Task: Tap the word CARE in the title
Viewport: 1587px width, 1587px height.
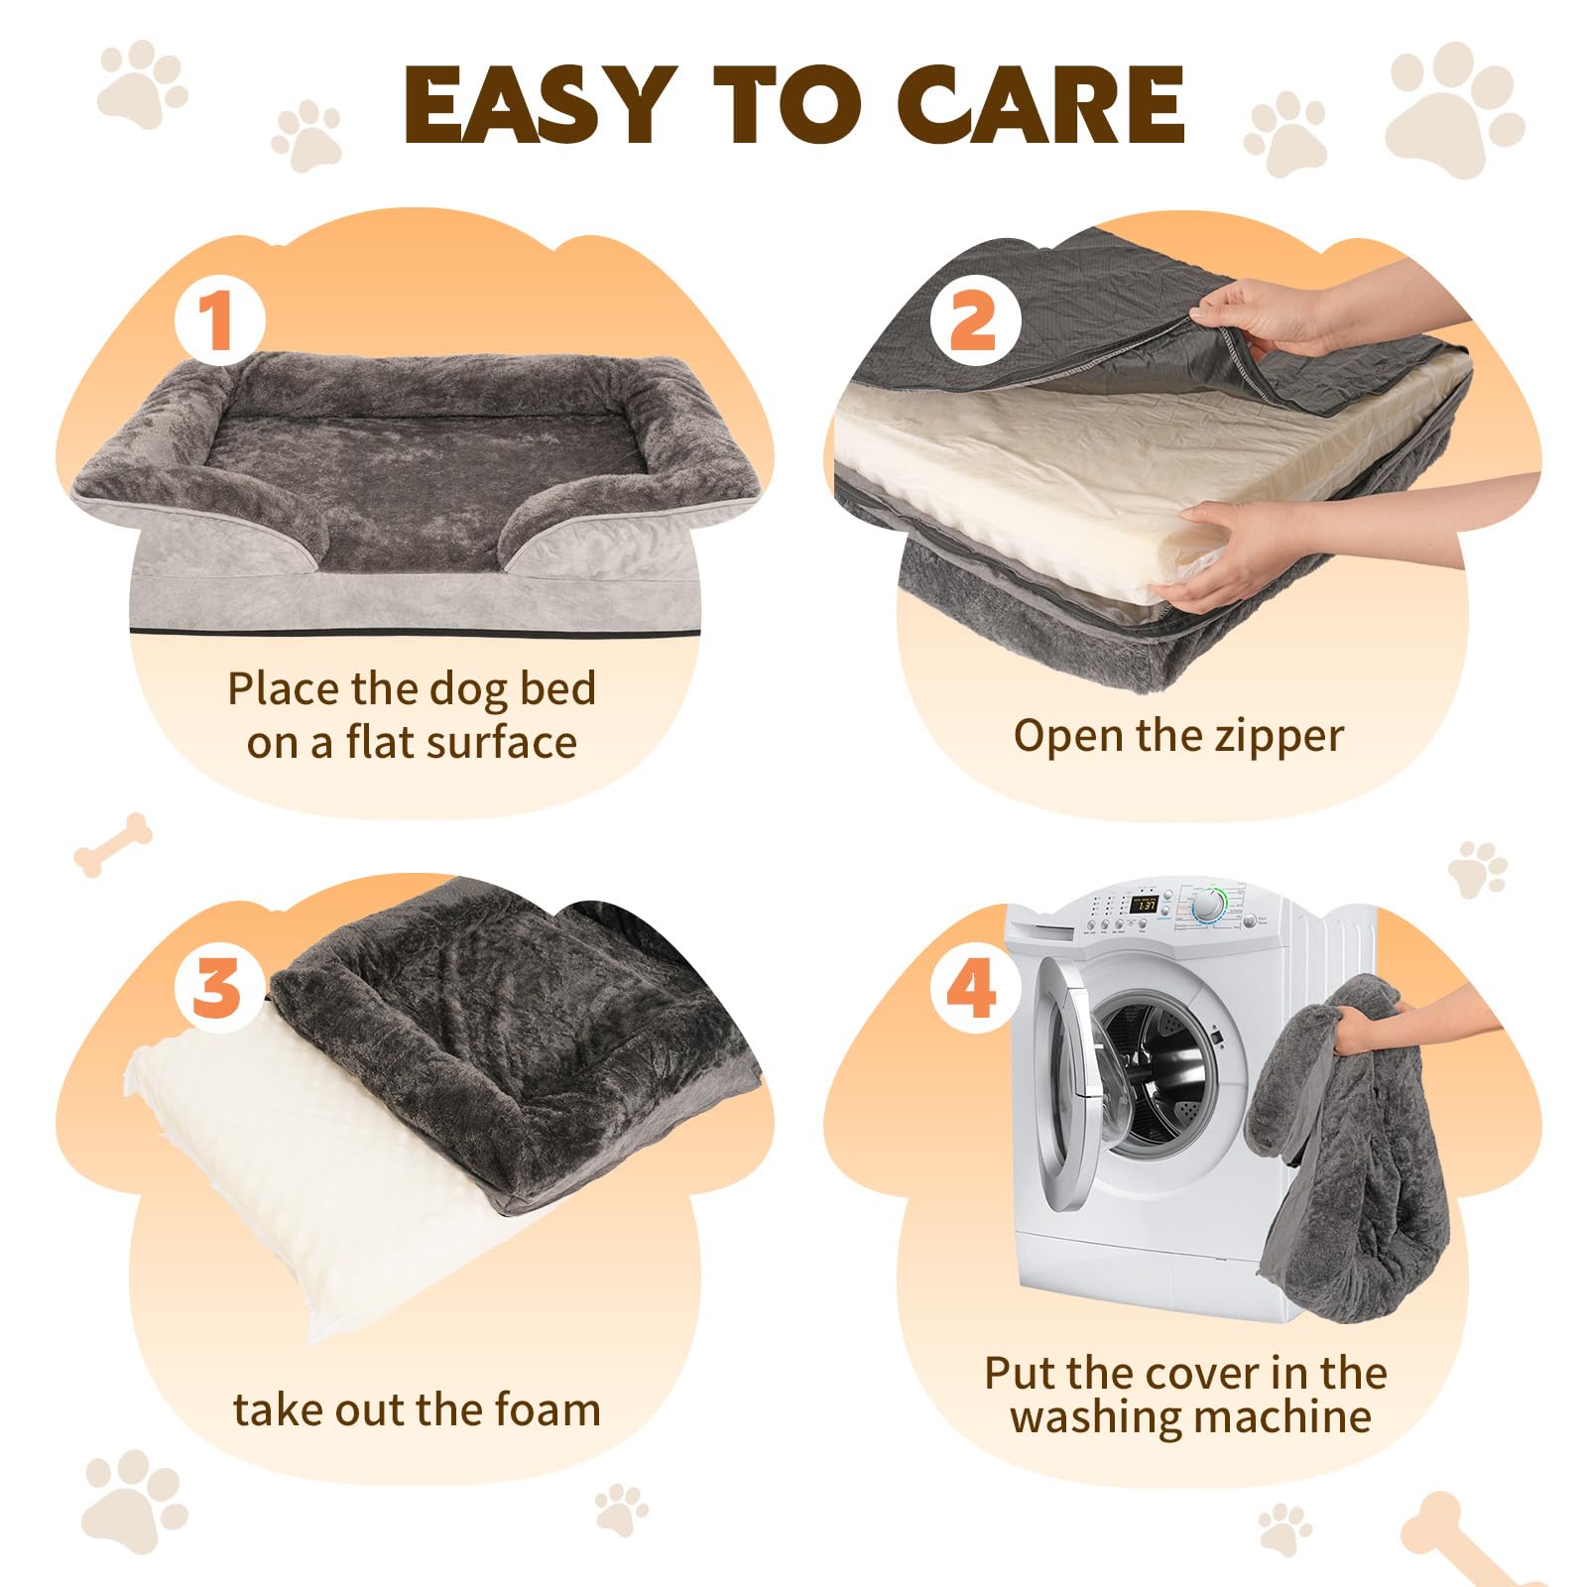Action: click(x=1040, y=104)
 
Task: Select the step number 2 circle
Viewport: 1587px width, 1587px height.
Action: click(x=975, y=320)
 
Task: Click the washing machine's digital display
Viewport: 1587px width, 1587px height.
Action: click(x=1146, y=905)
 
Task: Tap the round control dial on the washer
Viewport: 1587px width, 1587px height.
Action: click(x=1208, y=907)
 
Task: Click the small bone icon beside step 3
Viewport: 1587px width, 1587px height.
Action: click(x=113, y=845)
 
